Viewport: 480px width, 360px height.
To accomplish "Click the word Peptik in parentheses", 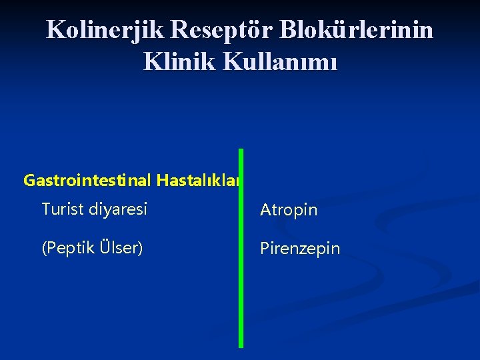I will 67,248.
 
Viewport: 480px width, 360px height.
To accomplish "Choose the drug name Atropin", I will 289,211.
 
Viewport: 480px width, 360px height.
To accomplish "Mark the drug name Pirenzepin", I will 300,249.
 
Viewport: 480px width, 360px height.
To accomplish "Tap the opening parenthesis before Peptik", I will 44,248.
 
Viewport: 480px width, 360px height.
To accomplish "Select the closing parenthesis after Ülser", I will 140,248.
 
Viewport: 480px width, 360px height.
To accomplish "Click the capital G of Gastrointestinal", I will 29,181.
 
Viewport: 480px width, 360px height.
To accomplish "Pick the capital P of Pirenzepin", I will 264,249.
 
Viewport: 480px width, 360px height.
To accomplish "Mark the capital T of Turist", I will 45,209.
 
